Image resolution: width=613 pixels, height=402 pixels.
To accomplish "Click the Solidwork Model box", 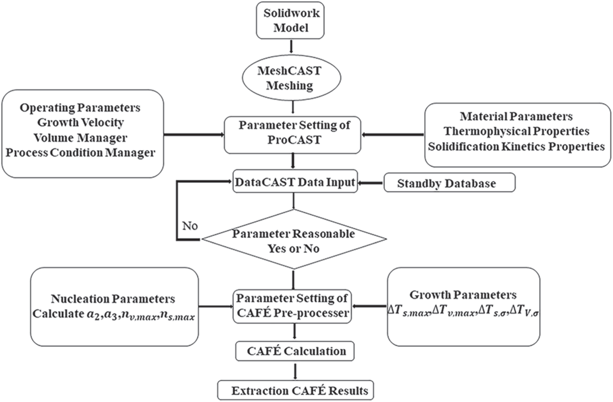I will (291, 20).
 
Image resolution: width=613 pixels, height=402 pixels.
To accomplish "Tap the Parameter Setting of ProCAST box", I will (293, 133).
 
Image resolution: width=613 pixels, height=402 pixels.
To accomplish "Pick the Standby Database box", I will (449, 183).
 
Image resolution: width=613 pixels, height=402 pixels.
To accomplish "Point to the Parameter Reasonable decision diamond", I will (294, 240).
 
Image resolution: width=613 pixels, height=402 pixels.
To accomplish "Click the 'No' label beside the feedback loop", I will (190, 226).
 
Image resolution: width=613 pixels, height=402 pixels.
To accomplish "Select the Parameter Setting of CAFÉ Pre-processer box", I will (292, 306).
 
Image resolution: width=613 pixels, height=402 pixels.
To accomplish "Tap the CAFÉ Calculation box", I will (295, 351).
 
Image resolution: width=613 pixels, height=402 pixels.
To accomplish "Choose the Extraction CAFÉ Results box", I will (295, 391).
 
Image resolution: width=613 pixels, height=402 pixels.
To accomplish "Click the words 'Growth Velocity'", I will (81, 122).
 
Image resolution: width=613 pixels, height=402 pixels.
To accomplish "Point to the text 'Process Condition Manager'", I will (81, 153).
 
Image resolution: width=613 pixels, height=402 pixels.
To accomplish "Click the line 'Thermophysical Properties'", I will (517, 131).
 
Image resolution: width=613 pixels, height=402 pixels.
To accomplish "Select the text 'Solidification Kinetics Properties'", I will (517, 146).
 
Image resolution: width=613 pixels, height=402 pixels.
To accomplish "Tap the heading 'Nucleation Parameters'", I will (113, 299).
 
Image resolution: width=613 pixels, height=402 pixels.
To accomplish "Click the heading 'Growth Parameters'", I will (463, 295).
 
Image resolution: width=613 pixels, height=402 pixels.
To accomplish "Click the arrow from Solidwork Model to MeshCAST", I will (291, 46).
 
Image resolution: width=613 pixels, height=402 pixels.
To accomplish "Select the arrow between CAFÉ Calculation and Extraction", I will (295, 371).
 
